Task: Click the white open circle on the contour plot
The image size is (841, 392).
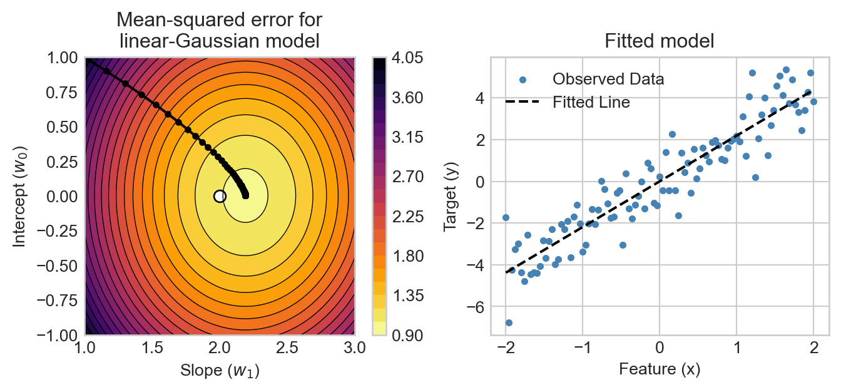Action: point(220,196)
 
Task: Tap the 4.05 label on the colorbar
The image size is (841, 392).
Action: point(407,58)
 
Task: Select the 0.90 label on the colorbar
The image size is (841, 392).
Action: point(407,336)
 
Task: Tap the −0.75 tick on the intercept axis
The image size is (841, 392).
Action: point(59,301)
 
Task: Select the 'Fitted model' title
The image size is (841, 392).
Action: point(659,41)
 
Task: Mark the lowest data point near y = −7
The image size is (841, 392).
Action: point(509,322)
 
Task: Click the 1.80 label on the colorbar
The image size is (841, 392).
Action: point(407,255)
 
